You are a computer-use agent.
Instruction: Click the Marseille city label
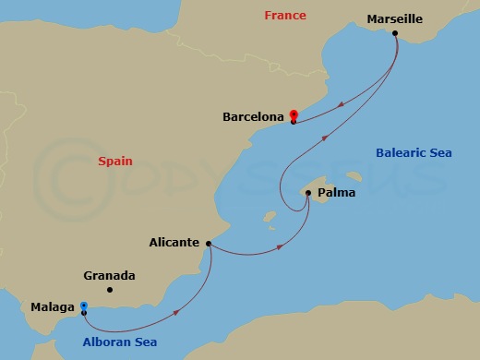coord(395,18)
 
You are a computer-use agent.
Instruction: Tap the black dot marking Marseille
coord(395,34)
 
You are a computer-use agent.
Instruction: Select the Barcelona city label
coord(253,117)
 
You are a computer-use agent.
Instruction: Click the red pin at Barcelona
coord(293,114)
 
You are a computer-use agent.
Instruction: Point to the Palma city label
coord(335,193)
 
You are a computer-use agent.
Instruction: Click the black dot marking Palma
coord(308,193)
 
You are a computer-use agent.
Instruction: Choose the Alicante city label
coord(174,243)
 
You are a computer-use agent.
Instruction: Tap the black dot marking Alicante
coord(209,244)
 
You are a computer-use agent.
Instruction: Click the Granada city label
coord(109,275)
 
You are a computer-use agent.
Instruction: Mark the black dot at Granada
coord(109,290)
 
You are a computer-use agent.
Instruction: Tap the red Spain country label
coord(115,161)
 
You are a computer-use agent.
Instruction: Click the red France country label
coord(284,16)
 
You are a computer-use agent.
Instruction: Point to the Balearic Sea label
coord(414,152)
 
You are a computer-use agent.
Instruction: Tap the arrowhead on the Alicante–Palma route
coord(280,245)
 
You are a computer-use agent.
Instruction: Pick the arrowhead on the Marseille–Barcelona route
coord(342,104)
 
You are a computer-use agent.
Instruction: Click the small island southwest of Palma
coord(270,219)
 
